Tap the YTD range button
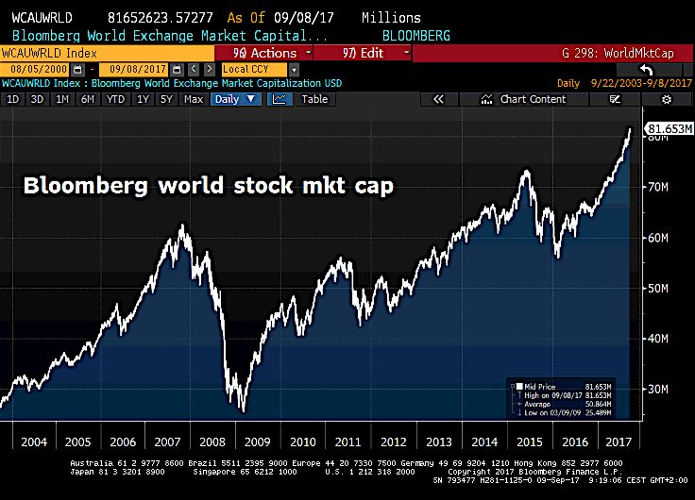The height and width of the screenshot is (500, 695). [x=115, y=99]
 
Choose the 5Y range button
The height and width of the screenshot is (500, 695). [x=166, y=99]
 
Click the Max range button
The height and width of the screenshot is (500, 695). [x=194, y=99]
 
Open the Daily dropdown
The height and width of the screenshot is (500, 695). [x=235, y=99]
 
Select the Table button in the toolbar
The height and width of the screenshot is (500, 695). [x=314, y=99]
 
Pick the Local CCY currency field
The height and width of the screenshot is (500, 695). [x=260, y=69]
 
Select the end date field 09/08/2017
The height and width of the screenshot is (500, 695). [x=140, y=69]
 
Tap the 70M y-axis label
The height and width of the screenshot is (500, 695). [x=656, y=187]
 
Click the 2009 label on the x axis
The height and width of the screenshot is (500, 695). [x=257, y=441]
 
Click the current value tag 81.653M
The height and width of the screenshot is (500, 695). [x=667, y=129]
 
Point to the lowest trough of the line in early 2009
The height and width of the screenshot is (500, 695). [x=243, y=410]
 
